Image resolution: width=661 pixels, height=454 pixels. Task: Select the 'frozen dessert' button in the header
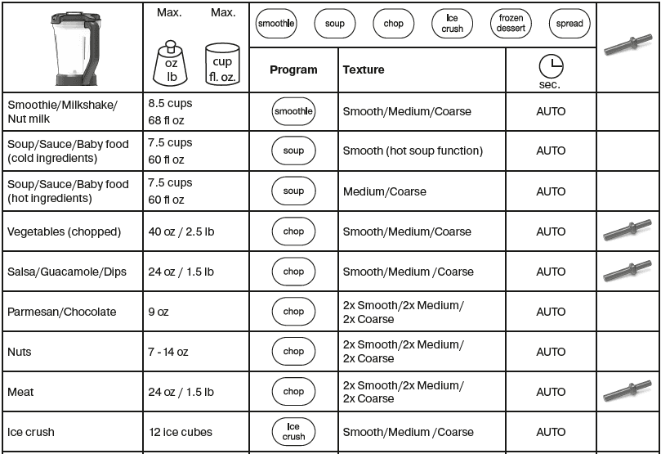coord(511,24)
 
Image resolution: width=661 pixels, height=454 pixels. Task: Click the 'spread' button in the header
coord(569,24)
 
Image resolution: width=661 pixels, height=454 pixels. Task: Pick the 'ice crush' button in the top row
coord(452,24)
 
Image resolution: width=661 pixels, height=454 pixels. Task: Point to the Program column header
coord(293,70)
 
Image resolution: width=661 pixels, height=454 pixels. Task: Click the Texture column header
coord(364,70)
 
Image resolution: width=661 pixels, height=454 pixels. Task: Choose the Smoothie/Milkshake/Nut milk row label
coord(63,111)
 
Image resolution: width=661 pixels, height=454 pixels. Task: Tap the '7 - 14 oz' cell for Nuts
coord(168,352)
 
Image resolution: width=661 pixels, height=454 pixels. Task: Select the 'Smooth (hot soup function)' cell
coord(413,151)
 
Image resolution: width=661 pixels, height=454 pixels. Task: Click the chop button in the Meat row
coord(293,392)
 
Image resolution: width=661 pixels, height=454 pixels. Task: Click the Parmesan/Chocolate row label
coord(62,312)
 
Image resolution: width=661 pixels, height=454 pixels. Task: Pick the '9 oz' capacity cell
coord(161,312)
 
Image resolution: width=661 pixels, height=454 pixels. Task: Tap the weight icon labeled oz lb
coord(172,62)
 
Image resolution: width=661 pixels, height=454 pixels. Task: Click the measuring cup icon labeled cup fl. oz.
coord(222,64)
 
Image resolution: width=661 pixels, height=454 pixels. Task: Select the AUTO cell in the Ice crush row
coord(551,432)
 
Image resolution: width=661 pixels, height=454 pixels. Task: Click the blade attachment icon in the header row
coord(628,47)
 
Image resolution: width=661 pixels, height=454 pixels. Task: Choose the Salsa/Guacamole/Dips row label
coord(67,272)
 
